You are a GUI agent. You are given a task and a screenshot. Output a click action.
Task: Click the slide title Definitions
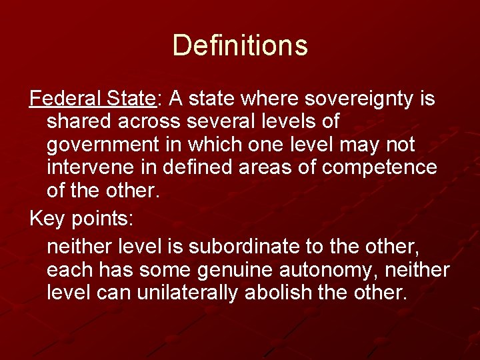tap(240, 45)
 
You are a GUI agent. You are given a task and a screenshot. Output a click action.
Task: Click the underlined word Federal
tap(65, 99)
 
